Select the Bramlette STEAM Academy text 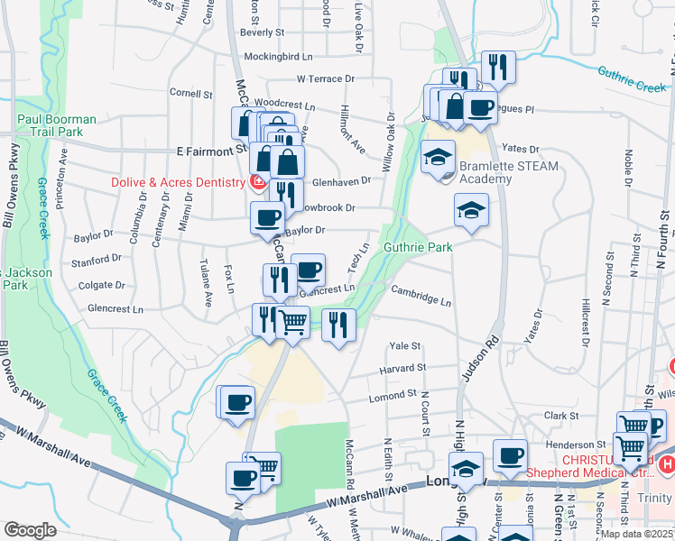(509, 172)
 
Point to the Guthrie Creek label (632, 87)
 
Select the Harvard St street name (402, 368)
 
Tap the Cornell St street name (190, 92)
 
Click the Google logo (29, 529)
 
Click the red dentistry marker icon (257, 182)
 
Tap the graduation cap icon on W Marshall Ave (466, 470)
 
